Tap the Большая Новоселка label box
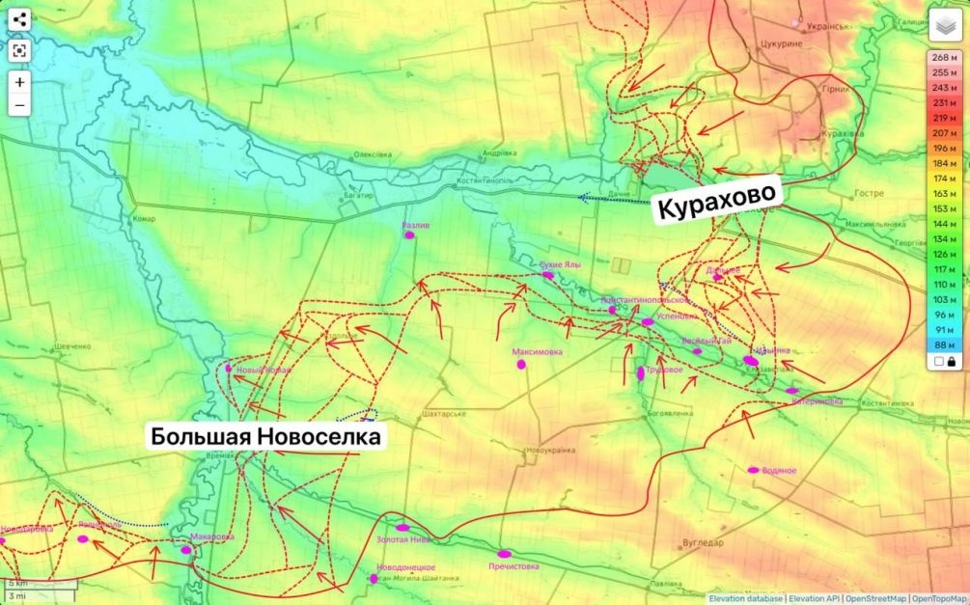tap(266, 436)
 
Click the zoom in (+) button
tap(20, 82)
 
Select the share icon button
tap(20, 18)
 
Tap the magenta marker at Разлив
tap(409, 234)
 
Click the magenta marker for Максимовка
tap(522, 365)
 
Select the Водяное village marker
tap(754, 470)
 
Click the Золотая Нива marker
tap(402, 528)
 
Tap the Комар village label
tap(144, 219)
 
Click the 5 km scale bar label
tap(19, 584)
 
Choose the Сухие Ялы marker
tap(548, 275)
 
